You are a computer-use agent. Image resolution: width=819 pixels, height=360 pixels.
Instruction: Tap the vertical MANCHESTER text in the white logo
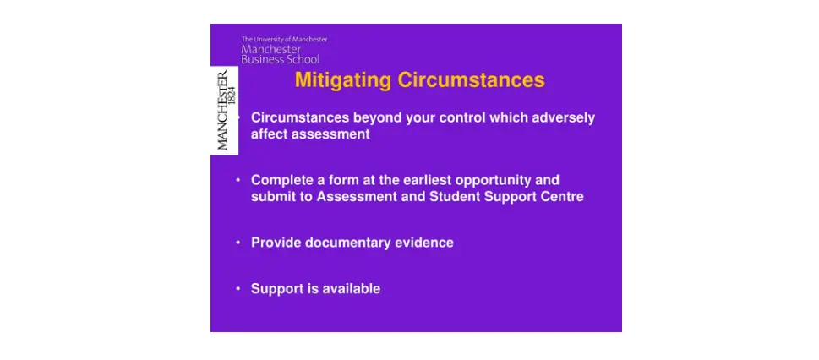pos(222,111)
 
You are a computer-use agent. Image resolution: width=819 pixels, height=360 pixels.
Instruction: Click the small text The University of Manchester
pos(284,39)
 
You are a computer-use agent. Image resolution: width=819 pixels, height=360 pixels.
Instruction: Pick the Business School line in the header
pos(280,59)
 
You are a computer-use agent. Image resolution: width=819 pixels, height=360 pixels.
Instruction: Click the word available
pos(351,289)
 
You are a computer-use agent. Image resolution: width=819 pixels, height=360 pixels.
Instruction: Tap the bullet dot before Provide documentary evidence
pos(238,243)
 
